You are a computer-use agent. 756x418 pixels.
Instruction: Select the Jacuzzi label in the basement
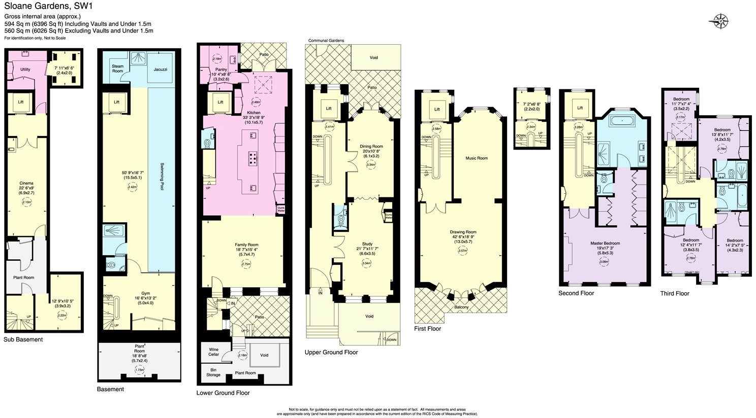[160, 69]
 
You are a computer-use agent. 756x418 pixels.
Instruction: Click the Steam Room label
[117, 68]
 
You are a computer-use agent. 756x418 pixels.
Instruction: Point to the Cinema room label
[26, 183]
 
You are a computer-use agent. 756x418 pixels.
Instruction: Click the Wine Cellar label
[213, 352]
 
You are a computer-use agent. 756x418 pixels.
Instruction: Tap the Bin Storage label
[213, 372]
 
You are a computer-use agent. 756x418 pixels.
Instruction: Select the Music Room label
[476, 158]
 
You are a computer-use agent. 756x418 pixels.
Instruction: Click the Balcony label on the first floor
[461, 307]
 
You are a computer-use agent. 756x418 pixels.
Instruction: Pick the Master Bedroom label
[605, 243]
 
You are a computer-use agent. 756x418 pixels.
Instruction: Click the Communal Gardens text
[326, 41]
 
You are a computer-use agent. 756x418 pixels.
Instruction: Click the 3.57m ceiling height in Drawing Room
[462, 251]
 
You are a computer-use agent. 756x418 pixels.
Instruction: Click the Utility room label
[25, 69]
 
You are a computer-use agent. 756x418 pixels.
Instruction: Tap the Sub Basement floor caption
[23, 339]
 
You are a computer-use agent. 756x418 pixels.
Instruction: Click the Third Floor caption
[674, 293]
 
